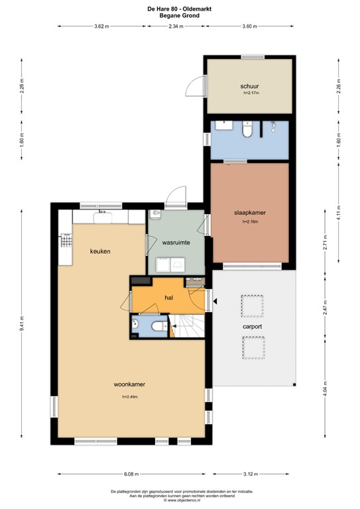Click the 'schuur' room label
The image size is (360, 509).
[250, 87]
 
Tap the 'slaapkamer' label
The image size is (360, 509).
[250, 213]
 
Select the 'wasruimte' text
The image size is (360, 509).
[176, 243]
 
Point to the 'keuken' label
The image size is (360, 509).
[100, 252]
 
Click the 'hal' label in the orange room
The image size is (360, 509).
[169, 298]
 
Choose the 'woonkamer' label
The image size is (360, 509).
[129, 384]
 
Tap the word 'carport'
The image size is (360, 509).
[252, 327]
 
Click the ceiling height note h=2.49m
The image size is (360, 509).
[129, 396]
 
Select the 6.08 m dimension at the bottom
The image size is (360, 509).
[130, 475]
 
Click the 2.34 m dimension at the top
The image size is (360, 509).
[176, 27]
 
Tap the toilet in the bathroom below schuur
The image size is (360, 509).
[247, 130]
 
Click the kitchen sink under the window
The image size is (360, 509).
[103, 215]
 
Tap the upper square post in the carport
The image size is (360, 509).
[252, 306]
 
